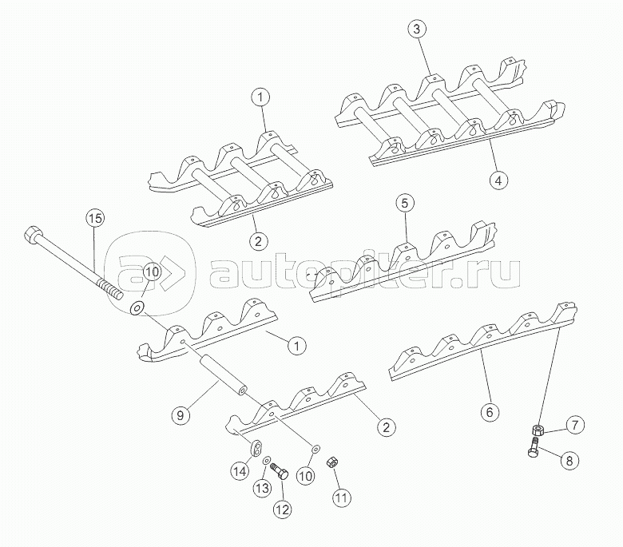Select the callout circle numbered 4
coord(498,180)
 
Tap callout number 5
coord(404,204)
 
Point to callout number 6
coord(490,412)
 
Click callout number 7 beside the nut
coord(575,425)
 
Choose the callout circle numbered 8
coord(569,461)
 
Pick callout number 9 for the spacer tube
coord(181,415)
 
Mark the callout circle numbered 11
coord(341,497)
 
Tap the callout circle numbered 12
coord(283,509)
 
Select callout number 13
coord(262,489)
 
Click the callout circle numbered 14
coord(240,471)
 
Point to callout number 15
coord(95,218)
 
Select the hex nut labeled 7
coord(538,430)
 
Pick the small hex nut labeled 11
coord(331,463)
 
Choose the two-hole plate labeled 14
coord(256,447)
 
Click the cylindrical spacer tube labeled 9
coord(224,375)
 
